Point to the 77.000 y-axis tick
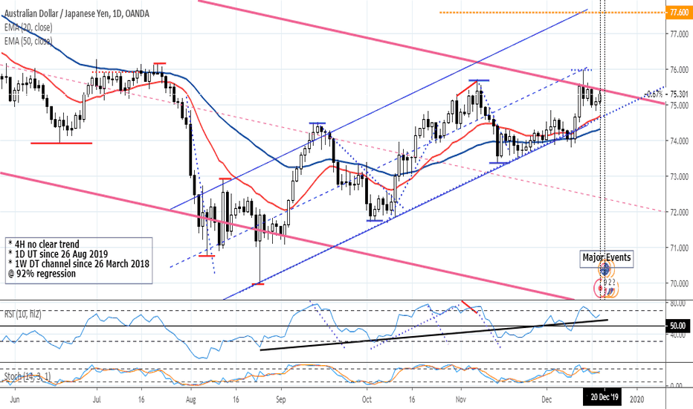pyautogui.click(x=677, y=34)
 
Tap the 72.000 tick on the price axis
pyautogui.click(x=677, y=212)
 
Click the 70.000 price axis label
pyautogui.click(x=677, y=283)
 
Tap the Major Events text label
pyautogui.click(x=607, y=258)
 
